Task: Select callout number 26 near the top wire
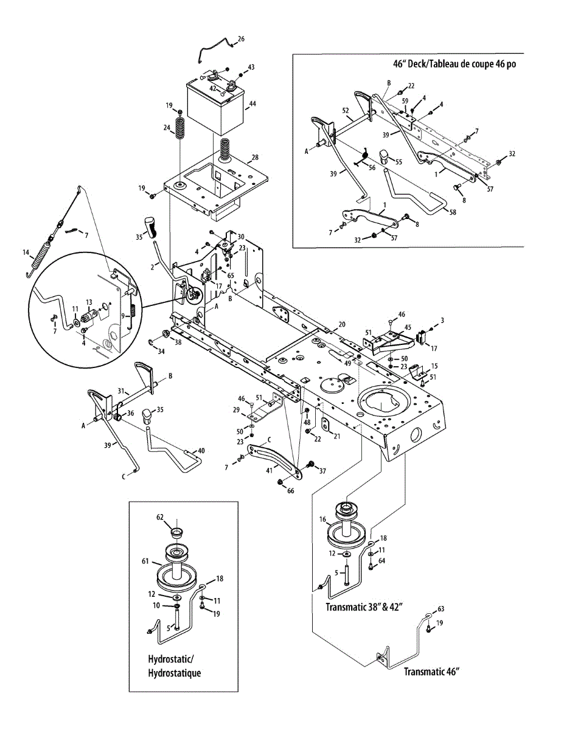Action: [241, 39]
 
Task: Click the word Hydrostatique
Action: [174, 673]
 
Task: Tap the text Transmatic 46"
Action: [431, 672]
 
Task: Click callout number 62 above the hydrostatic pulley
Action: [160, 518]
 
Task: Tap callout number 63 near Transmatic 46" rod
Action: [441, 608]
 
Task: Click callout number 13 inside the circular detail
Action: [88, 302]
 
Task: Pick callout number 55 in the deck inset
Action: [399, 162]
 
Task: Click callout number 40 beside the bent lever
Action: [201, 451]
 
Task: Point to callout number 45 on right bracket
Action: [408, 327]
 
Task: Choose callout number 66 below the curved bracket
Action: [290, 490]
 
